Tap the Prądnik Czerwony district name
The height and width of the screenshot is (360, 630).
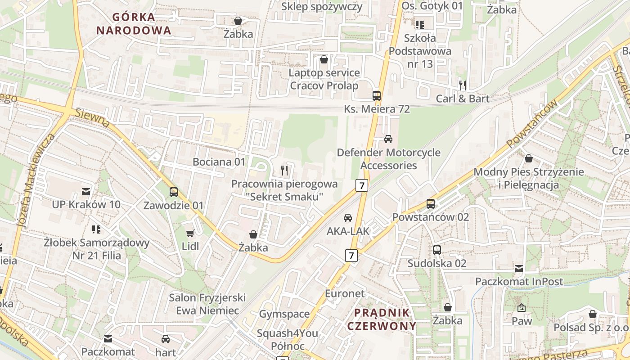[382, 319]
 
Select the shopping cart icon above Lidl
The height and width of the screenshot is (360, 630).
[190, 233]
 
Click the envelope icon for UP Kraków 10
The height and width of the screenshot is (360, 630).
[86, 192]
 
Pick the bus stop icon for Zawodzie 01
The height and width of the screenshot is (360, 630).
[174, 192]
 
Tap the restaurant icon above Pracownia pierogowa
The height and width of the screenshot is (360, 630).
[284, 170]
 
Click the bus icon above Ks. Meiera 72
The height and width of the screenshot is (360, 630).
[377, 95]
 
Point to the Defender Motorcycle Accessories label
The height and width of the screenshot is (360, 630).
[389, 159]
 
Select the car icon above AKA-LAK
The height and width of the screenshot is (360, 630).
[348, 218]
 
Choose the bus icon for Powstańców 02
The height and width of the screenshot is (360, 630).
[431, 204]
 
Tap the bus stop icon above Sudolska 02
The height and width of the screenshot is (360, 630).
[436, 250]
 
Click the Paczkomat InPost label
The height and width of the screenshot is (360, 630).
[519, 282]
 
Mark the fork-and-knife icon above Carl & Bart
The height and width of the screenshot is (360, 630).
[462, 85]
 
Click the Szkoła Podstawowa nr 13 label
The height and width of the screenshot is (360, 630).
[420, 51]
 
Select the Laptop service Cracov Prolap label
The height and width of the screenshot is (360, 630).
[324, 79]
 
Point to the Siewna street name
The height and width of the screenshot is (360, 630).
[93, 118]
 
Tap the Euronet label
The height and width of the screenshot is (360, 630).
[345, 294]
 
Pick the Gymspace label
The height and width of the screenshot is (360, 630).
[284, 314]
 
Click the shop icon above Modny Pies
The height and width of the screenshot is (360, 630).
[528, 158]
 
